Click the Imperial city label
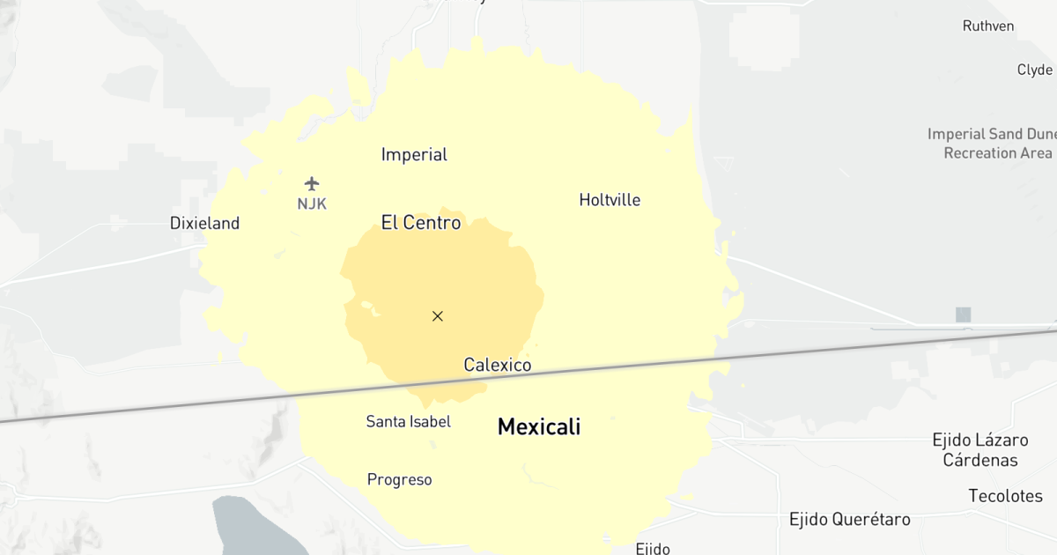pyautogui.click(x=414, y=155)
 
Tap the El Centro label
pyautogui.click(x=421, y=223)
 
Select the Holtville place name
pyautogui.click(x=610, y=200)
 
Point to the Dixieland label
pyautogui.click(x=204, y=224)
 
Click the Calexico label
pyautogui.click(x=498, y=365)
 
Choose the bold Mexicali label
pyautogui.click(x=539, y=427)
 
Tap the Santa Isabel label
pyautogui.click(x=409, y=422)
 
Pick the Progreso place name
pyautogui.click(x=400, y=480)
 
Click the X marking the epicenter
pyautogui.click(x=438, y=316)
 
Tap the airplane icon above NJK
pyautogui.click(x=312, y=183)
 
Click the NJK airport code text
pyautogui.click(x=312, y=203)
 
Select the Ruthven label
pyautogui.click(x=988, y=26)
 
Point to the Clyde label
pyautogui.click(x=1035, y=70)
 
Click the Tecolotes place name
pyautogui.click(x=1006, y=496)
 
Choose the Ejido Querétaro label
pyautogui.click(x=850, y=519)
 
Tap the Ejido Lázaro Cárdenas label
pyautogui.click(x=980, y=449)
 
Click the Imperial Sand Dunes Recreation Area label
pyautogui.click(x=992, y=144)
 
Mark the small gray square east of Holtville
pyautogui.click(x=963, y=314)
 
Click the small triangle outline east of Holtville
pyautogui.click(x=724, y=163)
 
